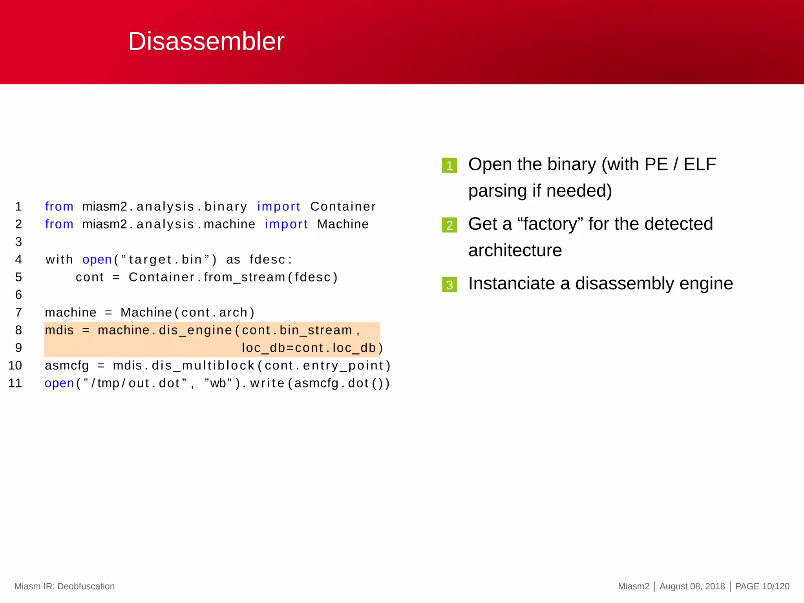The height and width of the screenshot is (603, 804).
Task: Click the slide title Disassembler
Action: point(206,41)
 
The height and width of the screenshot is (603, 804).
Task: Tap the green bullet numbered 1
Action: point(450,166)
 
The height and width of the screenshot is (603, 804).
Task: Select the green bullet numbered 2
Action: point(450,225)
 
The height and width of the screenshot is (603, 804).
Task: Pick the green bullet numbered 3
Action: point(450,285)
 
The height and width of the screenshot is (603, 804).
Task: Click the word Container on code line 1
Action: point(343,206)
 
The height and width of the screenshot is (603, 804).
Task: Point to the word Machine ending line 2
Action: point(343,224)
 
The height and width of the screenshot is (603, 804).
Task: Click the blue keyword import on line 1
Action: point(279,206)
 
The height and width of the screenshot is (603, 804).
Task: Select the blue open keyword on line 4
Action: point(97,259)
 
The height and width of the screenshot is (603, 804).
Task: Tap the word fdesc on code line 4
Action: point(268,259)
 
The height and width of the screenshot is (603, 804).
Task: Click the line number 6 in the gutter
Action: point(18,295)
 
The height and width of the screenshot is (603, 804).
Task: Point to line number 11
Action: point(15,383)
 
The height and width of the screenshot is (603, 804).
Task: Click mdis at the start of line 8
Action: point(59,330)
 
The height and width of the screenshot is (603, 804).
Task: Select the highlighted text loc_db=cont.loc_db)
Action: point(312,348)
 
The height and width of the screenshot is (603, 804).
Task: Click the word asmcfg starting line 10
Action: point(67,366)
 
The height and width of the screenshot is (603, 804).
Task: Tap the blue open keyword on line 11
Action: point(59,384)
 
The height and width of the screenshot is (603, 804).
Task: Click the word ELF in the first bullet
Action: point(700,164)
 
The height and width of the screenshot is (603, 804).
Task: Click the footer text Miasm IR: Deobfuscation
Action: point(64,586)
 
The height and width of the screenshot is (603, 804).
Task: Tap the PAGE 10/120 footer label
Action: point(762,586)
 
